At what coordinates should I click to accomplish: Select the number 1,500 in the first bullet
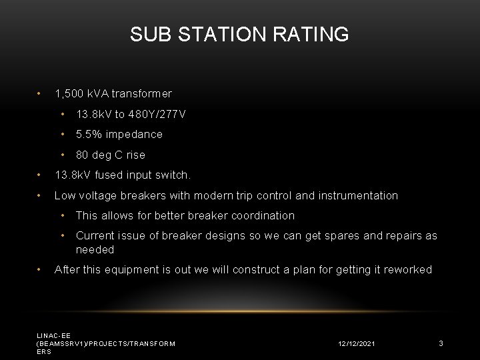[x=69, y=94]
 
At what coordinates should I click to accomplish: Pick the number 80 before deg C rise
[x=82, y=155]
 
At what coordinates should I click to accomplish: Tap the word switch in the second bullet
[x=175, y=176]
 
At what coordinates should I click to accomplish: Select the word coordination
[x=261, y=216]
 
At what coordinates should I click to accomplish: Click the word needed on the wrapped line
[x=95, y=250]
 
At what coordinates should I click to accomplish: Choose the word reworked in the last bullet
[x=408, y=270]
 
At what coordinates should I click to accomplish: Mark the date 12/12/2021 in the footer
[x=356, y=343]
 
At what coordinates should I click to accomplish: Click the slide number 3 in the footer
[x=441, y=343]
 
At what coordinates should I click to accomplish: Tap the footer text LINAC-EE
[x=53, y=335]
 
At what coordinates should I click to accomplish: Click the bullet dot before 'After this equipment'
[x=40, y=270]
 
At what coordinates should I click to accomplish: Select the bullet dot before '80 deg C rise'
[x=62, y=155]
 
